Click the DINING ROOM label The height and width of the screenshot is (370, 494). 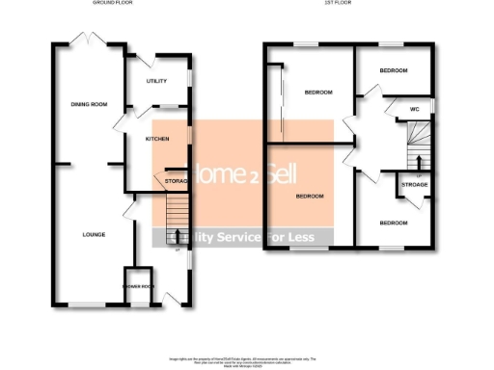point(87,105)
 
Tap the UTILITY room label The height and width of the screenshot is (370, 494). point(157,81)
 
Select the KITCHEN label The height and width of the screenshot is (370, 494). point(157,139)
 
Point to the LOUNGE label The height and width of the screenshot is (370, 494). point(93,234)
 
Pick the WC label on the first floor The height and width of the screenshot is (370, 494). point(415,109)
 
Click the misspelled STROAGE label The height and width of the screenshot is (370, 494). point(415,183)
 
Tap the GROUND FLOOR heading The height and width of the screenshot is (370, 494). point(112,4)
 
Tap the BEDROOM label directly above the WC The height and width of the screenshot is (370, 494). point(393,71)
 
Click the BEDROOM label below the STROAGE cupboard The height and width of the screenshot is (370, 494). point(393,224)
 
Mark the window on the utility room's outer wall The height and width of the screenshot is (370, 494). point(189,77)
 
